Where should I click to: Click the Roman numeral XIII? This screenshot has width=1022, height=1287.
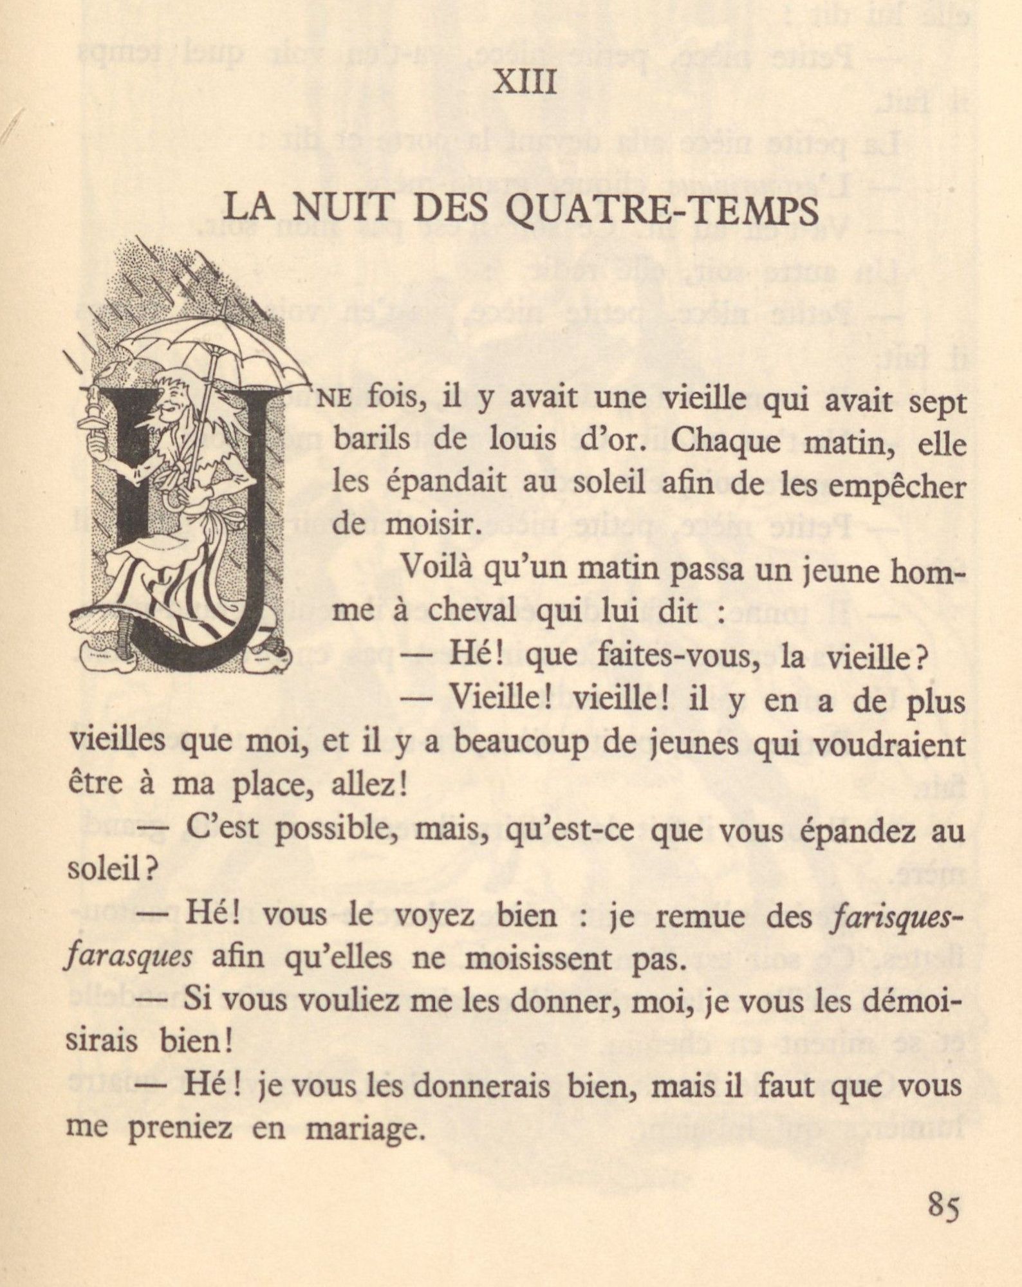[x=525, y=84]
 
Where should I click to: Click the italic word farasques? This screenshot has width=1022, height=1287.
[x=129, y=959]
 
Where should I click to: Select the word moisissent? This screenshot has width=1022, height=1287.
[x=566, y=959]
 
